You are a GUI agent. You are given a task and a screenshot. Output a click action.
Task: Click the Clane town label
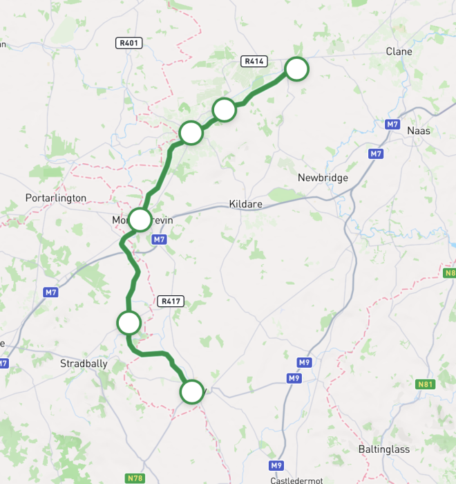[399, 52]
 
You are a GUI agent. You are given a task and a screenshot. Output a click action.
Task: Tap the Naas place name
[419, 131]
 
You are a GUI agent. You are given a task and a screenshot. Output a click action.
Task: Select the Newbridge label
[323, 178]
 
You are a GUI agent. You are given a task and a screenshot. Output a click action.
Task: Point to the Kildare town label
[243, 205]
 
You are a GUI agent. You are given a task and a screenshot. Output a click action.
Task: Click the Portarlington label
[56, 198]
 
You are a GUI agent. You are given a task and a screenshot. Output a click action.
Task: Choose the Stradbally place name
[84, 363]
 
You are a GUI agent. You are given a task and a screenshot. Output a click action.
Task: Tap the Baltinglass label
[383, 449]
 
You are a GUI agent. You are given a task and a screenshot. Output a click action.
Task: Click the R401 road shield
[129, 44]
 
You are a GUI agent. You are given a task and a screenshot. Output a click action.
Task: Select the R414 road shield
[254, 62]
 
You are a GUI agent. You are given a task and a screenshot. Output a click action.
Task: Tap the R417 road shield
[171, 301]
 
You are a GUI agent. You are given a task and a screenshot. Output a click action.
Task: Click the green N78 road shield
[135, 478]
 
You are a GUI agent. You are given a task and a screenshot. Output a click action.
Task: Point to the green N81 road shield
[427, 384]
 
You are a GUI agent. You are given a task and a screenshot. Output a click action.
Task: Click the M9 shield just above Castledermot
[276, 465]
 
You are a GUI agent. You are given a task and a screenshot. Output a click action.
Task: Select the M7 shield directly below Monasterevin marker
[160, 239]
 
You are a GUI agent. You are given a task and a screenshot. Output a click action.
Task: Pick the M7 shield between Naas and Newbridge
[376, 153]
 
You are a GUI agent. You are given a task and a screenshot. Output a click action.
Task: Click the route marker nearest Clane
[296, 69]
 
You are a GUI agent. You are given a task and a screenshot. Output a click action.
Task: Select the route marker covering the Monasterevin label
[140, 220]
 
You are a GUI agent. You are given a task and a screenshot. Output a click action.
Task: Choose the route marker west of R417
[129, 322]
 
